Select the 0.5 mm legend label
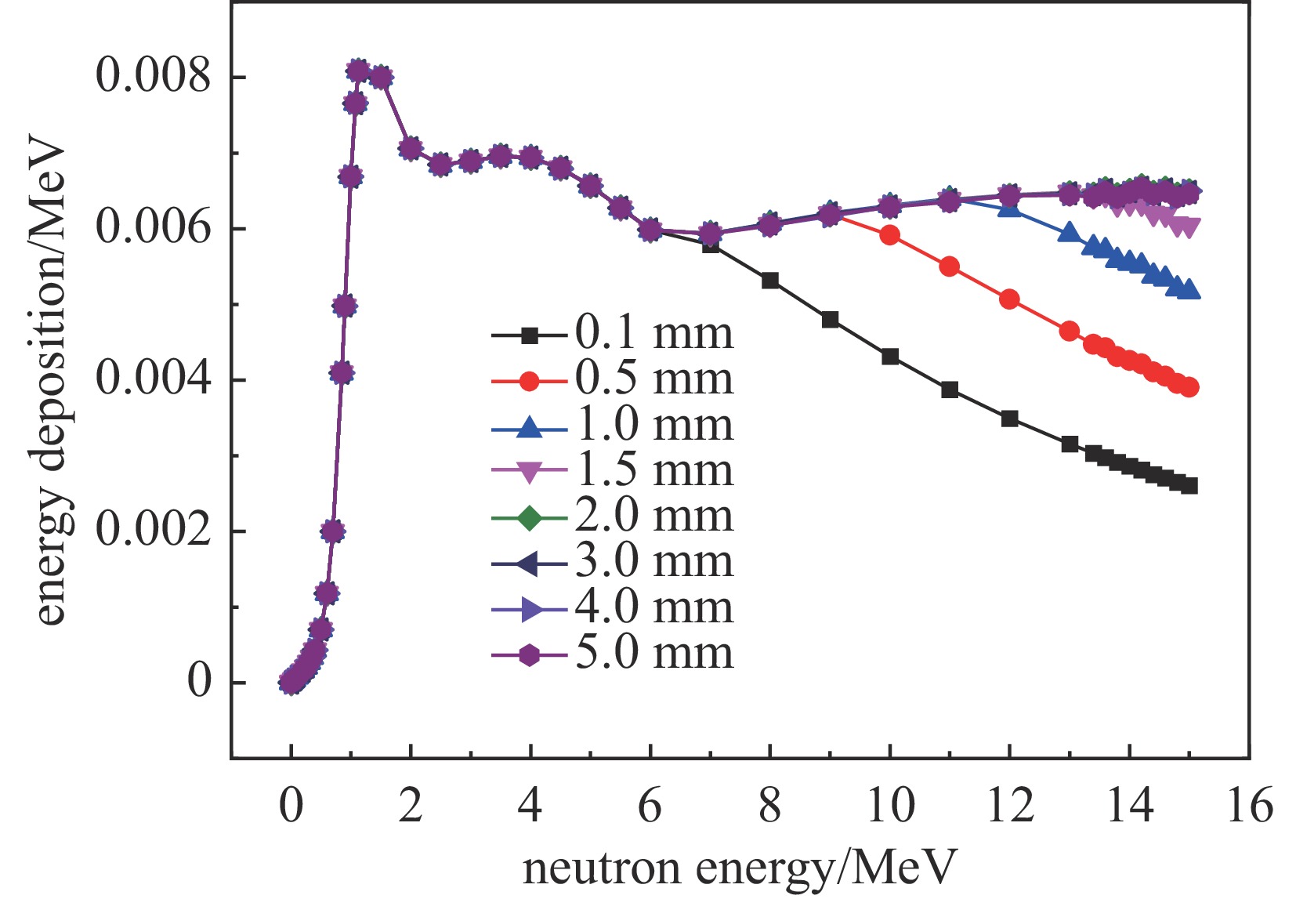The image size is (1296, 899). click(x=654, y=379)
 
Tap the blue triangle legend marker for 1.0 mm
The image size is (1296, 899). click(x=530, y=427)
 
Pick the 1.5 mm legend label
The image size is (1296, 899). click(x=654, y=470)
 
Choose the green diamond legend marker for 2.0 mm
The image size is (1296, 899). click(x=530, y=518)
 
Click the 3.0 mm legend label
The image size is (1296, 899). click(x=654, y=561)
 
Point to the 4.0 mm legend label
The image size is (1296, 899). click(x=654, y=607)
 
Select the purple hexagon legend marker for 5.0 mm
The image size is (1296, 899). click(x=530, y=655)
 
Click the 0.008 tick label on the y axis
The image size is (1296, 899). click(x=154, y=76)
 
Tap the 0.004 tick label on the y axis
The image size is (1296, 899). click(x=154, y=379)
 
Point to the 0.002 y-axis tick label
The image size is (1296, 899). click(x=154, y=531)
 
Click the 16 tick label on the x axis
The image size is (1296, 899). click(x=1250, y=806)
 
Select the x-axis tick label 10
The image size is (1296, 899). click(x=890, y=806)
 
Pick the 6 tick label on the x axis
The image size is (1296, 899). click(x=650, y=806)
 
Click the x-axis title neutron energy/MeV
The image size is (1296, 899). click(x=740, y=868)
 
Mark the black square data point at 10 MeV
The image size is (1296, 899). click(x=890, y=357)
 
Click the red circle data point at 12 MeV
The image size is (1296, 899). click(x=1009, y=299)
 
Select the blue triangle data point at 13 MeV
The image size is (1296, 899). click(x=1070, y=232)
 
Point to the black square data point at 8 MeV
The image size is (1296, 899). click(x=770, y=281)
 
